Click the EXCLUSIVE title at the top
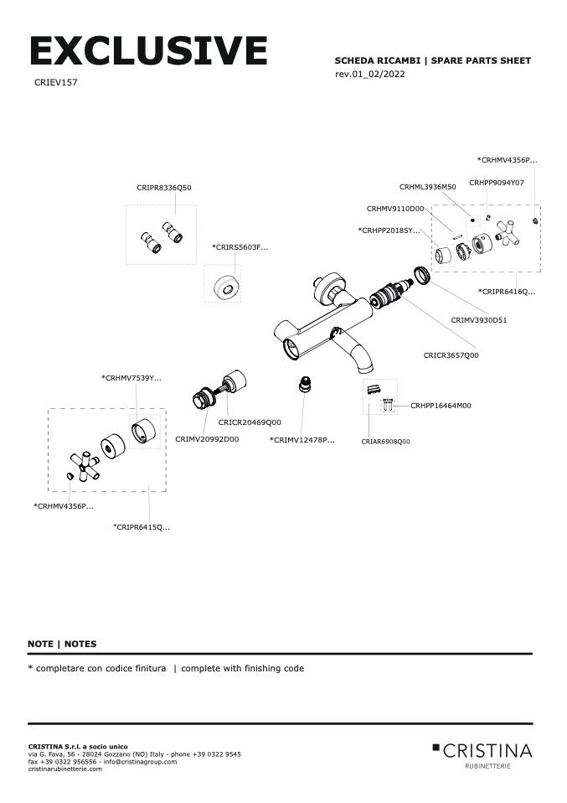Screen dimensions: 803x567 148,52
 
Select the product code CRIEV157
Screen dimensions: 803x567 56,83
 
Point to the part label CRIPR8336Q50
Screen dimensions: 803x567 164,188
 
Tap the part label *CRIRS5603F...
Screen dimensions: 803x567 240,247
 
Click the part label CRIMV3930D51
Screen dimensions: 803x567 479,319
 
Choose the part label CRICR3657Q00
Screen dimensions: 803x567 451,355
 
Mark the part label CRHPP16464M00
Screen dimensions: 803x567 441,405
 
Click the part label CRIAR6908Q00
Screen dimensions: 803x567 386,441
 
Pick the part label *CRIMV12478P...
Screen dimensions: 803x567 302,439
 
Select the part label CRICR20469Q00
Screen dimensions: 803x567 250,422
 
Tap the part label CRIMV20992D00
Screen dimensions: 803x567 207,438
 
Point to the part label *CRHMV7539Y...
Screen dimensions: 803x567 131,378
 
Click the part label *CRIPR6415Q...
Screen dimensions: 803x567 142,526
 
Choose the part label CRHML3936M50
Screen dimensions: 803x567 427,187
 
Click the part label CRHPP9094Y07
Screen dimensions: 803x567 497,182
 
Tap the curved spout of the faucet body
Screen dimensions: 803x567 363,356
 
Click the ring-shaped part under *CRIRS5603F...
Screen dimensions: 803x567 224,285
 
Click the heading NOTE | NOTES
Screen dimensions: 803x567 62,644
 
